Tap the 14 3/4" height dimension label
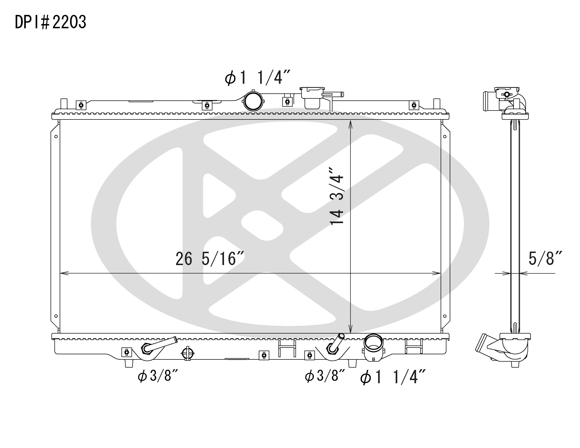click(337, 196)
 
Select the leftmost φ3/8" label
click(157, 376)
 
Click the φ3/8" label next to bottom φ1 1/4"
click(325, 376)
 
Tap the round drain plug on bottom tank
click(187, 353)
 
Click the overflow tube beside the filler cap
click(334, 94)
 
